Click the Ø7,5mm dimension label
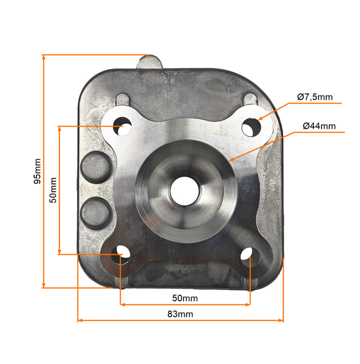314,96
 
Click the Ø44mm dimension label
319,126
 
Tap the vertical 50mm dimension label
53,190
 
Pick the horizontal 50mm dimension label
185,298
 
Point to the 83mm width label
180,314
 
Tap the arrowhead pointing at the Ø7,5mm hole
259,118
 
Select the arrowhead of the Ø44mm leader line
233,160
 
